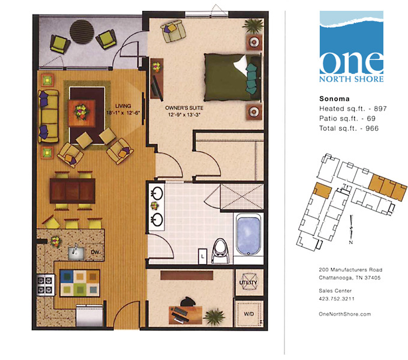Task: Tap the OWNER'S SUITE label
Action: [x=182, y=109]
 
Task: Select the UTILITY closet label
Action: [x=248, y=282]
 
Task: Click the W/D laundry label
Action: [x=248, y=313]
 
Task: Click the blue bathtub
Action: [x=248, y=235]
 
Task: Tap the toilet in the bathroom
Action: [x=220, y=250]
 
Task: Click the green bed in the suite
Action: [x=231, y=78]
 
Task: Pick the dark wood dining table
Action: [x=73, y=191]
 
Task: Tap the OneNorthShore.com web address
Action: [x=346, y=314]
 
